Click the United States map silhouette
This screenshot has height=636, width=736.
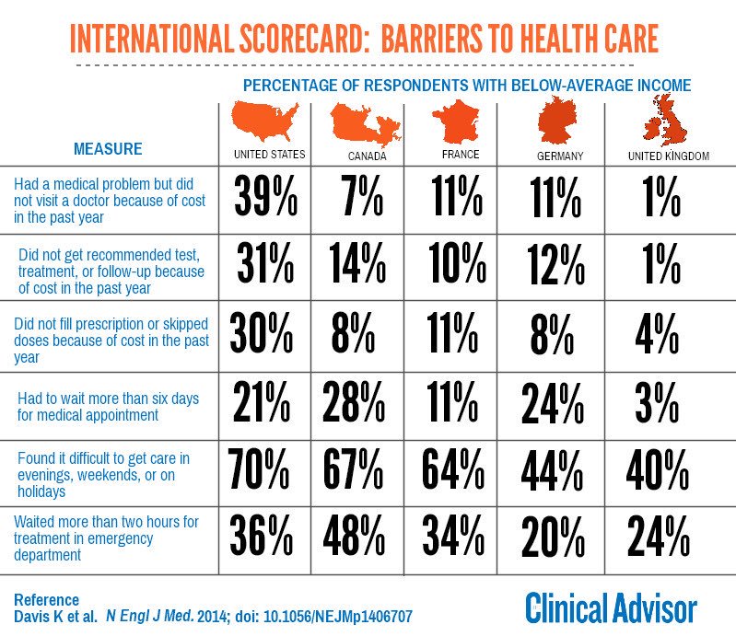pyautogui.click(x=268, y=121)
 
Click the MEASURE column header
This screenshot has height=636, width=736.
pyautogui.click(x=108, y=148)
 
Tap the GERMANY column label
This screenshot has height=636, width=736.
pyautogui.click(x=559, y=156)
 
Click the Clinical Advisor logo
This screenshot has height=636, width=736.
pyautogui.click(x=611, y=607)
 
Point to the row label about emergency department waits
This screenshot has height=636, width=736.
pyautogui.click(x=106, y=538)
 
